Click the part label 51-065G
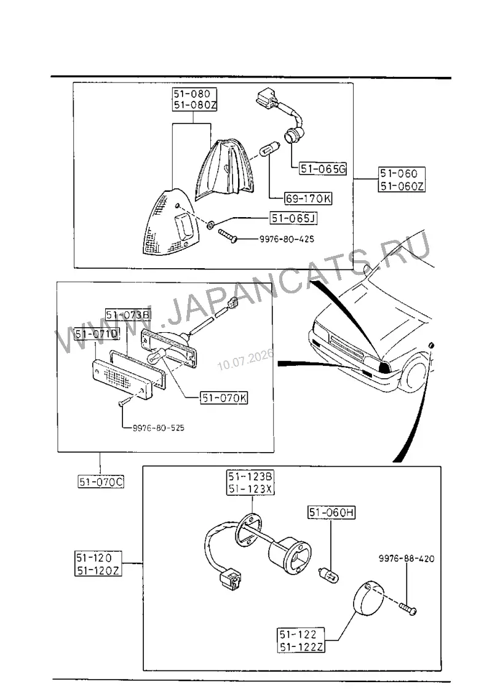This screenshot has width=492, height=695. click(323, 169)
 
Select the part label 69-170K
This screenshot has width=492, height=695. click(308, 199)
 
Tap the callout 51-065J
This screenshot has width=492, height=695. click(294, 218)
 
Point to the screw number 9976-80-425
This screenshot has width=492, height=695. click(287, 239)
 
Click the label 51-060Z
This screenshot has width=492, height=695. click(402, 186)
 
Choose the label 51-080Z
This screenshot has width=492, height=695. click(195, 105)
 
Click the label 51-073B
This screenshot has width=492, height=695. click(129, 315)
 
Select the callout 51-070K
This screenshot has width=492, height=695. click(224, 398)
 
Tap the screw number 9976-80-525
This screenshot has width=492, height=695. click(158, 428)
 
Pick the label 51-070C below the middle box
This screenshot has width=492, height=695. click(101, 482)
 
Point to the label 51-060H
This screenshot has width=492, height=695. click(331, 512)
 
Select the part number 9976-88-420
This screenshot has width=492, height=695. click(407, 558)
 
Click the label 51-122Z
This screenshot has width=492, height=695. click(301, 646)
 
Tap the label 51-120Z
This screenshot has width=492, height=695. click(98, 570)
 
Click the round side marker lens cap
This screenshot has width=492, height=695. click(370, 598)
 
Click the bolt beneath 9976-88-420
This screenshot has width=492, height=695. click(408, 608)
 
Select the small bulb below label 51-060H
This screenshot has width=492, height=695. click(329, 575)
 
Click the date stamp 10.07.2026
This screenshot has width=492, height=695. click(245, 360)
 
